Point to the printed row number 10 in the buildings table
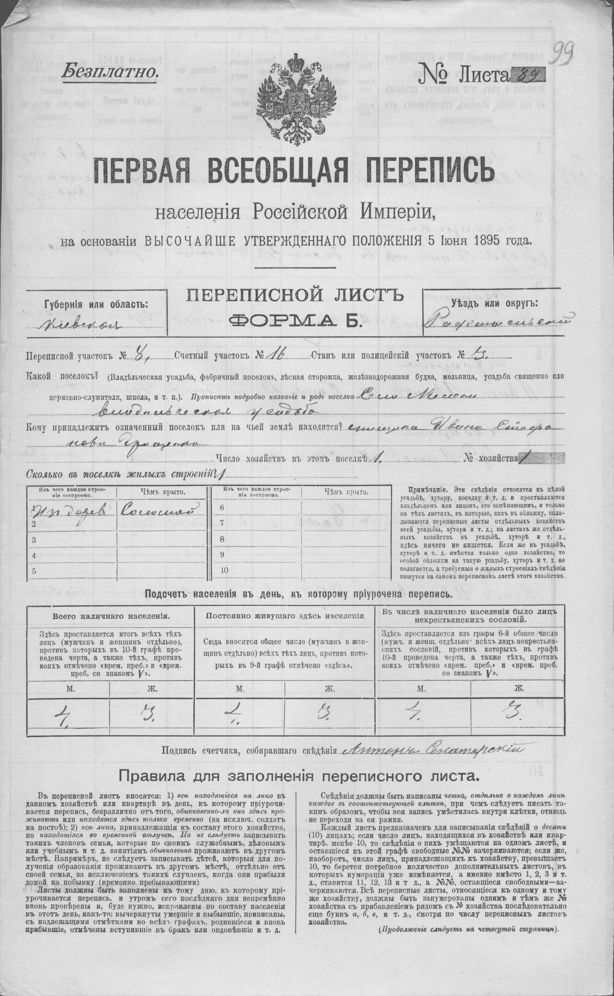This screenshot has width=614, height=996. [224, 570]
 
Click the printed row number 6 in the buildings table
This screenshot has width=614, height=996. [221, 508]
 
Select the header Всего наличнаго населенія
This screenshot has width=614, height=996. [111, 616]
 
